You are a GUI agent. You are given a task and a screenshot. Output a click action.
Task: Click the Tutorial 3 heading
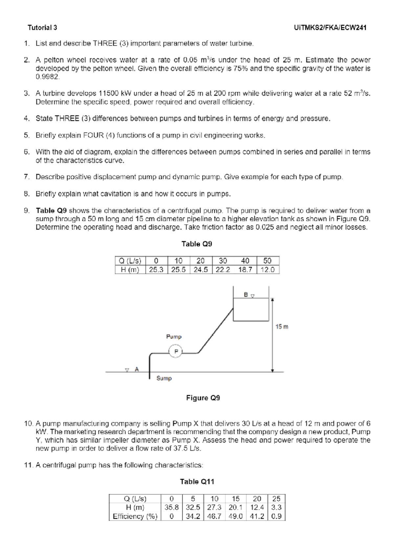[42, 28]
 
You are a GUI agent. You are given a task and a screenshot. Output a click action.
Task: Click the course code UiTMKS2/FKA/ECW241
[331, 28]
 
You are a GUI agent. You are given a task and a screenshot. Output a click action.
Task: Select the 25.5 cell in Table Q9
[179, 270]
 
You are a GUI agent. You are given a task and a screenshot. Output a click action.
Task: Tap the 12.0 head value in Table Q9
[268, 270]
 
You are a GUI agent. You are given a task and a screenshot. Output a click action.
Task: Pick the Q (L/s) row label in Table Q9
[130, 261]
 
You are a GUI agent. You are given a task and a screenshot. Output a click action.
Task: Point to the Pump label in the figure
[174, 337]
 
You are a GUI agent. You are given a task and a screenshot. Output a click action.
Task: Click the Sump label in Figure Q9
[164, 378]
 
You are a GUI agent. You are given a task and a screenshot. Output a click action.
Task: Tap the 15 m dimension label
[282, 326]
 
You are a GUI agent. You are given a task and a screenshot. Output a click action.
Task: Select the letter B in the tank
[246, 295]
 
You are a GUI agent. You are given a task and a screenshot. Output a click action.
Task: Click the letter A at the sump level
[137, 369]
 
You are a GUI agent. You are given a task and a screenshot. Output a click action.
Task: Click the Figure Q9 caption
[203, 398]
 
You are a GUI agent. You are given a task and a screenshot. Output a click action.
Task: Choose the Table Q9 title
[197, 244]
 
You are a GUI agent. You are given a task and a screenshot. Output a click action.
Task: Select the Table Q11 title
[197, 482]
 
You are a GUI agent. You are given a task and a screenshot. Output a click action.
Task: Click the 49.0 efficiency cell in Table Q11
[235, 516]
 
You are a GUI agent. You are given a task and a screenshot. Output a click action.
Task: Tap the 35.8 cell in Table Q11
[171, 507]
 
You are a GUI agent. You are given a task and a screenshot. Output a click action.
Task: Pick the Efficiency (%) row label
[135, 516]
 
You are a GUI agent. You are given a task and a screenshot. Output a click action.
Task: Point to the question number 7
[26, 177]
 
